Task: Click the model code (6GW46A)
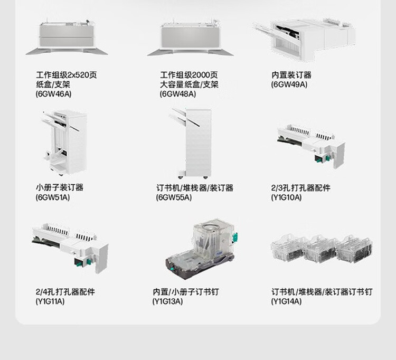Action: [x=53, y=94]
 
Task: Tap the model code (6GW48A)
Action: [x=178, y=94]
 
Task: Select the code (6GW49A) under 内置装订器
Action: [x=289, y=84]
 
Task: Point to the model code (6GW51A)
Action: [x=53, y=197]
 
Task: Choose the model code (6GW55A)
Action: [x=174, y=197]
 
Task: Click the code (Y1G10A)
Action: [x=286, y=197]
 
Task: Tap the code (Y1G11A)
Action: [x=50, y=301]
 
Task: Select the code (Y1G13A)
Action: [x=167, y=301]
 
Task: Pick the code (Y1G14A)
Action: [x=286, y=301]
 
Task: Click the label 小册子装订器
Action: [x=60, y=187]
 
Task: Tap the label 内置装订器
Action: [x=291, y=75]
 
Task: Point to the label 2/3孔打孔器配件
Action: [x=301, y=187]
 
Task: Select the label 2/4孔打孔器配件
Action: [x=65, y=291]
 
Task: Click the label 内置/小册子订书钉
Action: [x=186, y=291]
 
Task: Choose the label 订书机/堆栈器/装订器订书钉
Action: [x=322, y=291]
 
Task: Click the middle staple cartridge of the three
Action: [x=321, y=249]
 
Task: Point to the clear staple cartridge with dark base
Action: [x=201, y=250]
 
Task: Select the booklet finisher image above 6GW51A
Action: [x=65, y=143]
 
